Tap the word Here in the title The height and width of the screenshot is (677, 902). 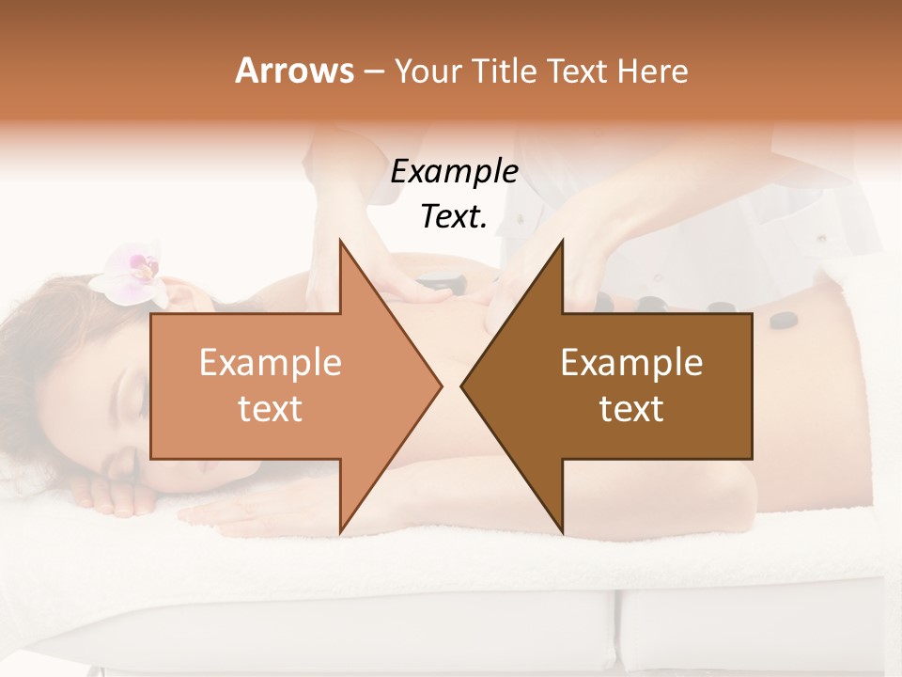pyautogui.click(x=653, y=71)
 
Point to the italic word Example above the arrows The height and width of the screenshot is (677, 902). pyautogui.click(x=454, y=171)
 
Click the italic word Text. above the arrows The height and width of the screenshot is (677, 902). pyautogui.click(x=454, y=216)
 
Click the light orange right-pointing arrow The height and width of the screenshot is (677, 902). pyautogui.click(x=282, y=386)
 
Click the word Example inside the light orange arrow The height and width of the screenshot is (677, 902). pyautogui.click(x=271, y=363)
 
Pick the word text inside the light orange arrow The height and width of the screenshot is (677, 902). pyautogui.click(x=271, y=408)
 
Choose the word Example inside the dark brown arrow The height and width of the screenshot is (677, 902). pyautogui.click(x=631, y=363)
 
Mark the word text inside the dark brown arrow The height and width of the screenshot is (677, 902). pyautogui.click(x=631, y=408)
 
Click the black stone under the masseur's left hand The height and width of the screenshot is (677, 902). pyautogui.click(x=434, y=279)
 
